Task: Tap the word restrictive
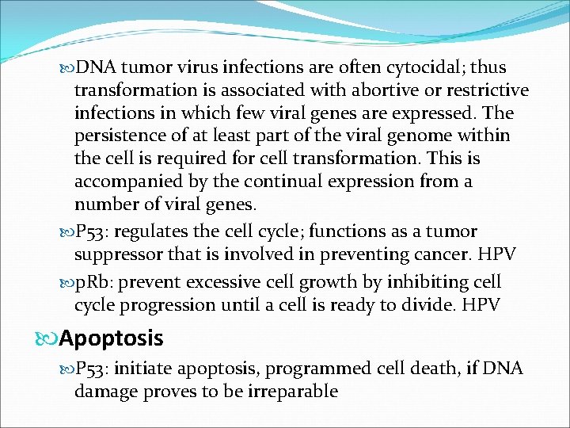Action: point(480,91)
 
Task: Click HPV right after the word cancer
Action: point(498,255)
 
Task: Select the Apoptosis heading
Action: point(111,339)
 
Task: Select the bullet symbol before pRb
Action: point(66,283)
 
